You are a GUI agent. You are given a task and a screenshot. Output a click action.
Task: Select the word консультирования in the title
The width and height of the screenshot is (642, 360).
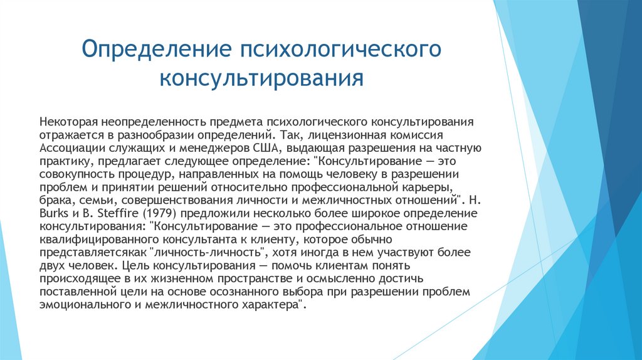coord(261,79)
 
